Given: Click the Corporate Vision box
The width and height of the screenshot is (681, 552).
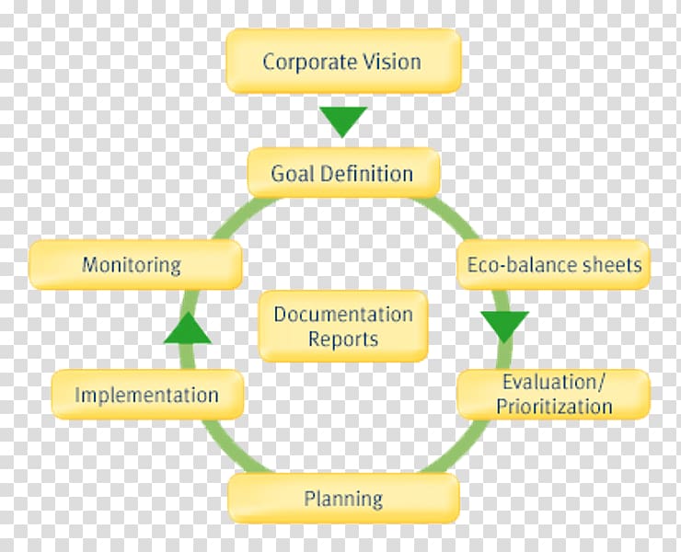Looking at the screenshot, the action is (343, 62).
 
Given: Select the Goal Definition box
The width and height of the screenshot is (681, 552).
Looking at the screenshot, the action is (343, 173).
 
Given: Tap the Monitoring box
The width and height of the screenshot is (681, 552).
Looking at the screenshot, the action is (135, 264).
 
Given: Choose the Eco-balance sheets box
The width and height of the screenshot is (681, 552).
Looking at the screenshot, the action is (553, 264).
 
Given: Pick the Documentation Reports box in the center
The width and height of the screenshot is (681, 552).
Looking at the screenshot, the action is (343, 327).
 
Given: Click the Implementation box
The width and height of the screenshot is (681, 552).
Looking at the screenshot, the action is (147, 395).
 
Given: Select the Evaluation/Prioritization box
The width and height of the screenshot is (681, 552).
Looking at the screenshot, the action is (554, 395).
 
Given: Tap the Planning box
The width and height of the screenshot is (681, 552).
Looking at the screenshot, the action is (343, 498).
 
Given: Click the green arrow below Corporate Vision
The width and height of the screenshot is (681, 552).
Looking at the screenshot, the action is (343, 121).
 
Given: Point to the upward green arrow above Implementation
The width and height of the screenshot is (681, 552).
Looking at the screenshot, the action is (188, 328).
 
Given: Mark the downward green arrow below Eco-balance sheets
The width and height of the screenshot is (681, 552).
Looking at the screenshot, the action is (504, 327).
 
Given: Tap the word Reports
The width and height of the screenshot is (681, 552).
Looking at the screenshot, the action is (343, 339).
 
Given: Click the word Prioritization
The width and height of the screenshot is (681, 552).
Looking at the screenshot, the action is (554, 407).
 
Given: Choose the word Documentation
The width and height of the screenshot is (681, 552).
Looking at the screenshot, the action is (343, 314).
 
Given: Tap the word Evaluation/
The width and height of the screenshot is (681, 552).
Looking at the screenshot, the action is (554, 382).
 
